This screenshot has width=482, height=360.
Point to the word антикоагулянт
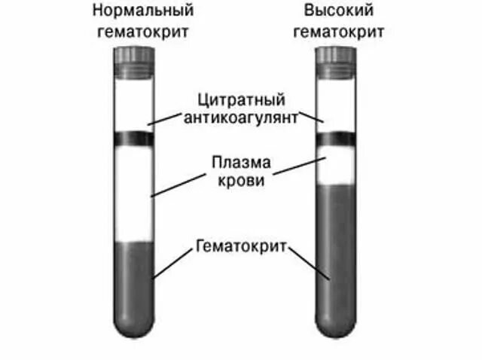(x=240, y=117)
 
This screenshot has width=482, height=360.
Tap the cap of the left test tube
(x=134, y=58)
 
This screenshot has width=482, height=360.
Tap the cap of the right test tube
(x=335, y=58)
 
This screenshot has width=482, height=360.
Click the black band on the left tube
(x=134, y=139)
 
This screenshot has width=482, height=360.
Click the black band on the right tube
(x=335, y=139)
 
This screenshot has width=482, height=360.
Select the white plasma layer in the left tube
(x=134, y=192)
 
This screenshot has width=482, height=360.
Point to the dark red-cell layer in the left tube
(x=134, y=282)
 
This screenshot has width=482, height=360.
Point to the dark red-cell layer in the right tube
(x=335, y=256)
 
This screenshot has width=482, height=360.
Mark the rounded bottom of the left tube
(x=134, y=327)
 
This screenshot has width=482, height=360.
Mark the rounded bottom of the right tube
(x=335, y=327)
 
